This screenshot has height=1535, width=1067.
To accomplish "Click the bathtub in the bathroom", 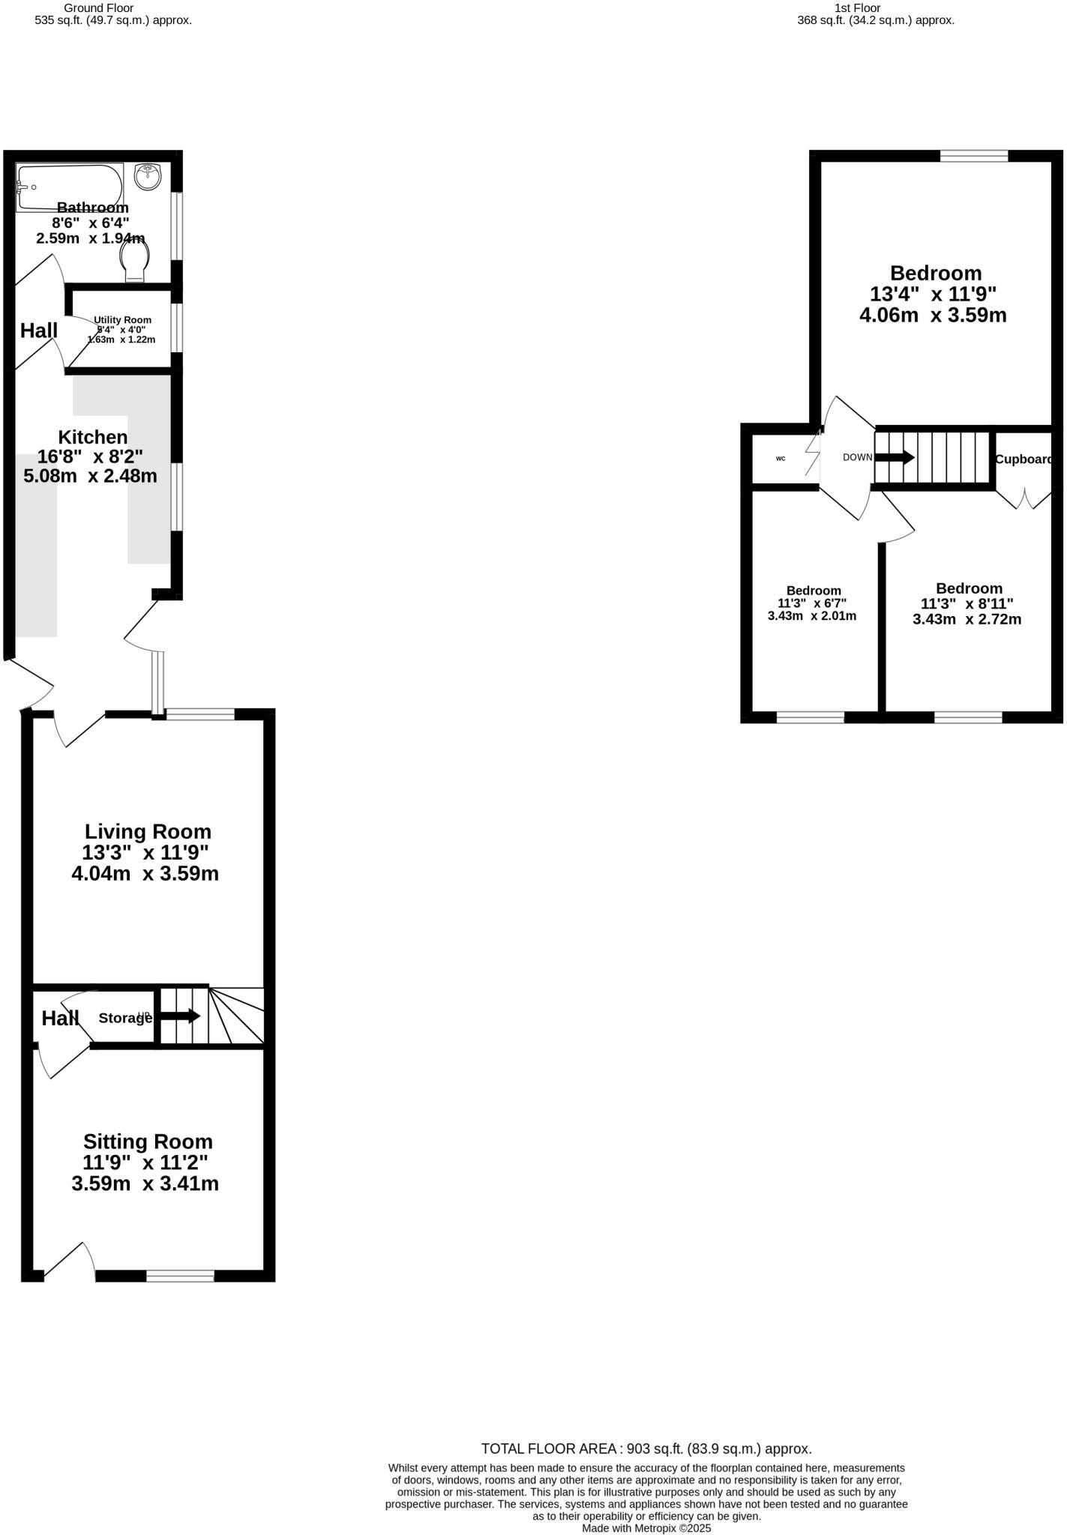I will pyautogui.click(x=70, y=187).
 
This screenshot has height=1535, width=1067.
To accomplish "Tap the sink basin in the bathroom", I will pyautogui.click(x=148, y=177).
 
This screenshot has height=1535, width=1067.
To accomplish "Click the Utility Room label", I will pyautogui.click(x=122, y=320).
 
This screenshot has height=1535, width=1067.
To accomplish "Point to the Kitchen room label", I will pyautogui.click(x=93, y=437).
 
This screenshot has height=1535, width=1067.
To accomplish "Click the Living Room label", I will pyautogui.click(x=148, y=831).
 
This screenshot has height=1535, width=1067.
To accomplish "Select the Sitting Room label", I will pyautogui.click(x=148, y=1142).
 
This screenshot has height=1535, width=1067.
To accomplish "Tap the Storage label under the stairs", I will pyautogui.click(x=124, y=1018).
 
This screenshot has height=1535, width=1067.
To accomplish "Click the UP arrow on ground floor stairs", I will pyautogui.click(x=180, y=1016).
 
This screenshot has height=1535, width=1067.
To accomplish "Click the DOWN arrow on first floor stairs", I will pyautogui.click(x=895, y=457).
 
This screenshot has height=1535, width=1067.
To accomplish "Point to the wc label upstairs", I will pyautogui.click(x=781, y=458).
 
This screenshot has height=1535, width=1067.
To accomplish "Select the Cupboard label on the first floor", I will pyautogui.click(x=1024, y=459).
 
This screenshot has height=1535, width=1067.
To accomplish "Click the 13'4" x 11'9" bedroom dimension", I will pyautogui.click(x=933, y=294).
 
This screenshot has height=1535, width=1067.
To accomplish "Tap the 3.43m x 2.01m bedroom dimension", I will pyautogui.click(x=812, y=616).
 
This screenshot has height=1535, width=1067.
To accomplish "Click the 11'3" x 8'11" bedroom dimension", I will pyautogui.click(x=967, y=603).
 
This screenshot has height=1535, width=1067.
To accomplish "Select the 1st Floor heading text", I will pyautogui.click(x=857, y=8).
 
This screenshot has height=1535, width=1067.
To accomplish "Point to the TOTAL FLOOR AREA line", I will pyautogui.click(x=646, y=1449).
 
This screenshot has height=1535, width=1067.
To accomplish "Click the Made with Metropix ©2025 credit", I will pyautogui.click(x=646, y=1528).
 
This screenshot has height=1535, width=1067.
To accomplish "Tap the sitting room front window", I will pyautogui.click(x=180, y=1276).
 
